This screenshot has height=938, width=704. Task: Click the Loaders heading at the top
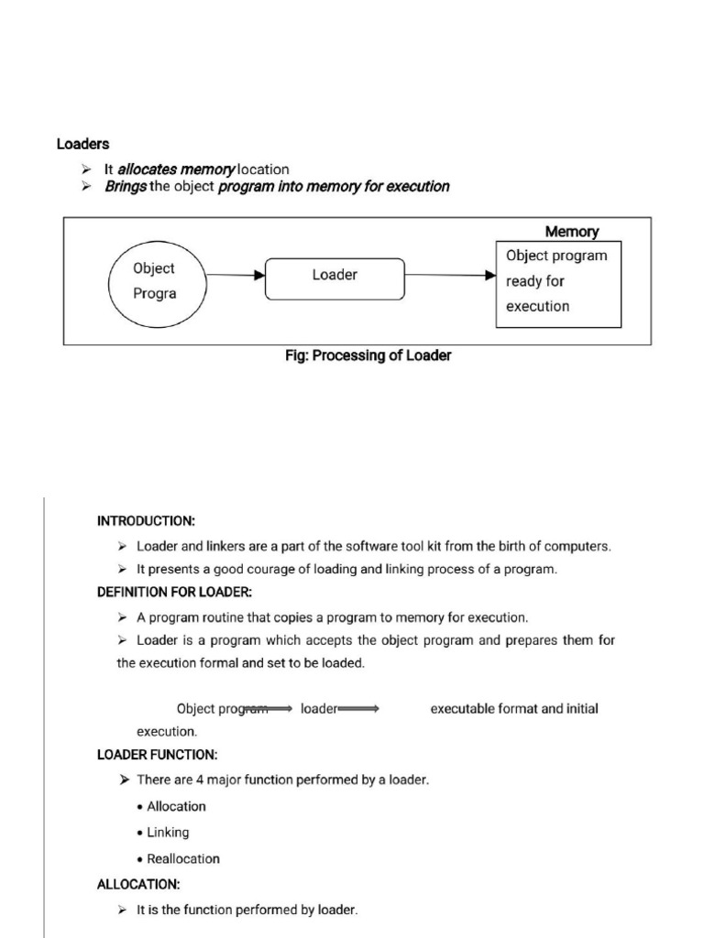point(82,144)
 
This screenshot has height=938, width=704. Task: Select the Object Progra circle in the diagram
point(154,281)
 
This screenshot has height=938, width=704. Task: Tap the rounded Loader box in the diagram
point(335,278)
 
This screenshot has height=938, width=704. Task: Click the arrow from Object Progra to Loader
point(235,274)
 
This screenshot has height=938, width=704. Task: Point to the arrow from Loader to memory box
point(450,274)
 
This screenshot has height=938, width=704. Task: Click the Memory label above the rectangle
point(572,232)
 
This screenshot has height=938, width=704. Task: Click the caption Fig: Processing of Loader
point(368,355)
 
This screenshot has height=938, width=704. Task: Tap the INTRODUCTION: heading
point(146,520)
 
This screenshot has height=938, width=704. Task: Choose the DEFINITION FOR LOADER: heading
point(173,592)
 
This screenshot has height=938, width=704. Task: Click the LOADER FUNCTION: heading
point(157,755)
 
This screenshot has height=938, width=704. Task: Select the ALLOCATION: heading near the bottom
point(138,884)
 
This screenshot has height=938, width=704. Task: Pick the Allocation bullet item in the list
point(176,806)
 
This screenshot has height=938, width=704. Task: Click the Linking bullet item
point(168,832)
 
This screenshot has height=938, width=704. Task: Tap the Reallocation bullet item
point(183,858)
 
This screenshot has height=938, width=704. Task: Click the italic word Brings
point(126,186)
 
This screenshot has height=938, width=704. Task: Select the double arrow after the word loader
point(359,708)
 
